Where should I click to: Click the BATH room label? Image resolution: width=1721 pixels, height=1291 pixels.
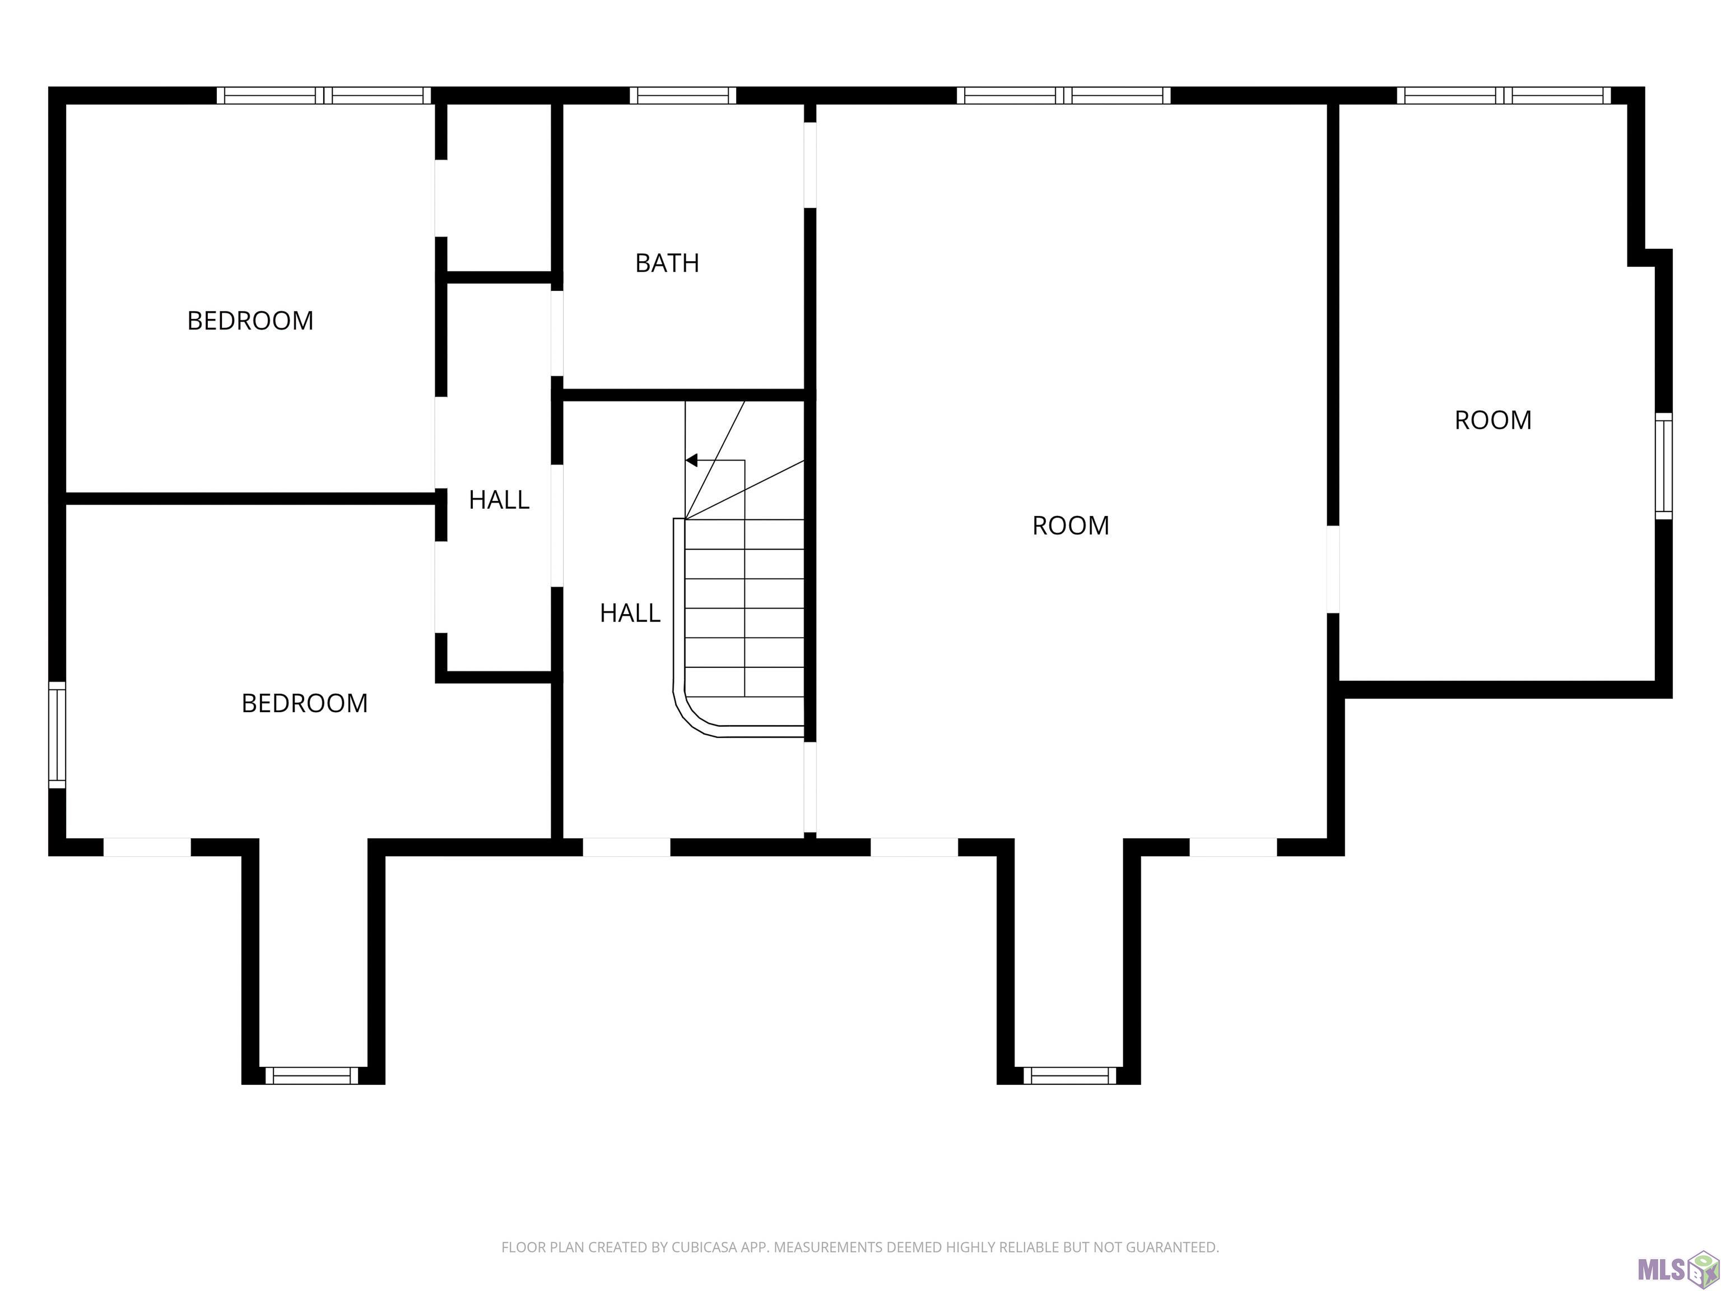pos(667,263)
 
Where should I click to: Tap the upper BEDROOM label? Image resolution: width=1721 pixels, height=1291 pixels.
pos(250,321)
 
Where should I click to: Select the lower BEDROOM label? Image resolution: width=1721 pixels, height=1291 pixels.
pos(304,703)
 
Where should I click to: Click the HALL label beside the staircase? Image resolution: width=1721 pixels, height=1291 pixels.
pos(630,613)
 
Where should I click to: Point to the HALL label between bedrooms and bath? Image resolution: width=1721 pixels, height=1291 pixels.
pos(499,500)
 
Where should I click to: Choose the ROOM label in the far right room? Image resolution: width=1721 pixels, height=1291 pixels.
pos(1493,420)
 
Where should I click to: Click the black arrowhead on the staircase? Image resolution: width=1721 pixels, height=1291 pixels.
pos(691,460)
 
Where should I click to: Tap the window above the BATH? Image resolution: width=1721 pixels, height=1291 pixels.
pos(682,96)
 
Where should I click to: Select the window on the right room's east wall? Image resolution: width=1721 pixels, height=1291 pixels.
pos(1663,466)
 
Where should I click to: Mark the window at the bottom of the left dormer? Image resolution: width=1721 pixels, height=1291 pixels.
pos(311,1075)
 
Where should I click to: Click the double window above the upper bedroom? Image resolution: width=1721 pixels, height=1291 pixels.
pos(324,96)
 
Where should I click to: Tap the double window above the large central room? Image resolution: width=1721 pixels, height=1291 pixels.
pos(1063,96)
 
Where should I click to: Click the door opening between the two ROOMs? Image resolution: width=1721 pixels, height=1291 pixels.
pos(1333,570)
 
